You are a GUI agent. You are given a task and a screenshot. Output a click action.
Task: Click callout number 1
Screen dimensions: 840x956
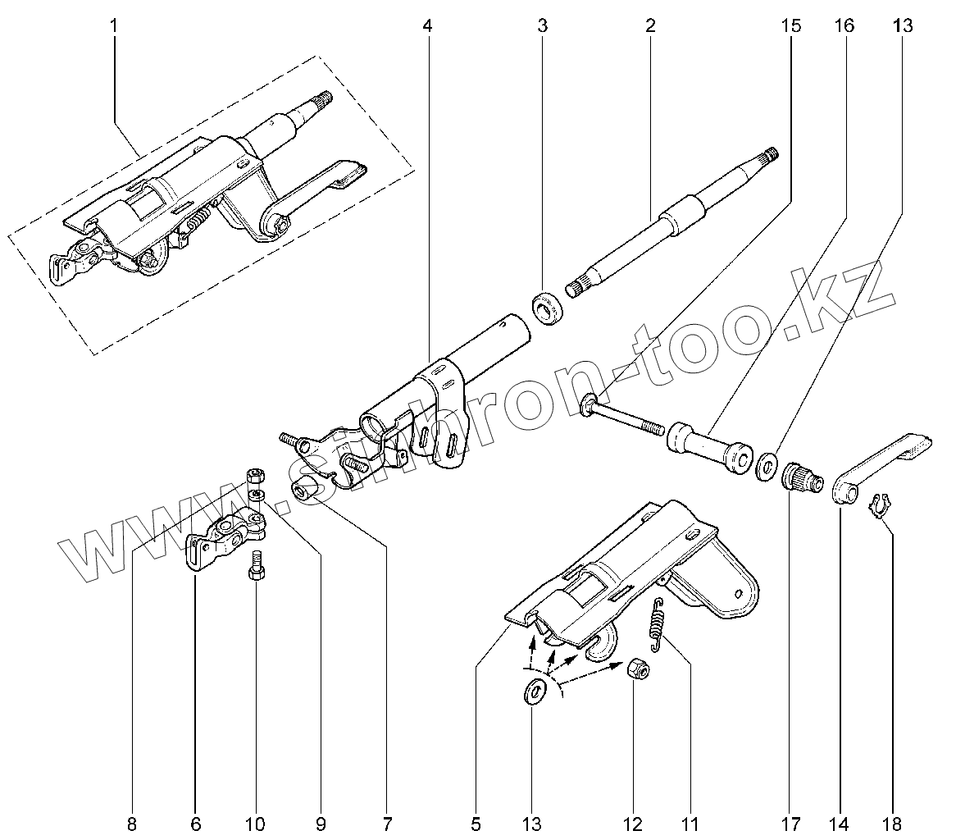pyautogui.click(x=113, y=26)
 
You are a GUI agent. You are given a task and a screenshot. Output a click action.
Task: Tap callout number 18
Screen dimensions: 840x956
pyautogui.click(x=893, y=823)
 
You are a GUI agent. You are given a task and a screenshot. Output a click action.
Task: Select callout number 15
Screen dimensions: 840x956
pyautogui.click(x=790, y=26)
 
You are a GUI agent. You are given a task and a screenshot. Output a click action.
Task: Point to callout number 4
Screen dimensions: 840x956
pyautogui.click(x=427, y=26)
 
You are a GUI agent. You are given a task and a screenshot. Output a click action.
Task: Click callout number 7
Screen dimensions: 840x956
pyautogui.click(x=387, y=823)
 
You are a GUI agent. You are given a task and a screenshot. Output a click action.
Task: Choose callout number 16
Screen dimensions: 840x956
pyautogui.click(x=844, y=26)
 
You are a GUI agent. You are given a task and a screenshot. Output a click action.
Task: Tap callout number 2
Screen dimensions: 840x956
pyautogui.click(x=650, y=26)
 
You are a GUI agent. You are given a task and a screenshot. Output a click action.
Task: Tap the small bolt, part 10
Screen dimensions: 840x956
pyautogui.click(x=255, y=566)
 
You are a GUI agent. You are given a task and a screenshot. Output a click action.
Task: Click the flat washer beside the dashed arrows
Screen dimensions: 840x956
pyautogui.click(x=535, y=692)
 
